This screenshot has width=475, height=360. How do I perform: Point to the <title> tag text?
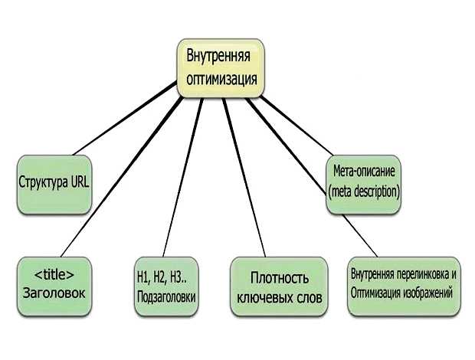(x=54, y=273)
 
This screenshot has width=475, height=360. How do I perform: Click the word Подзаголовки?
(x=166, y=296)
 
